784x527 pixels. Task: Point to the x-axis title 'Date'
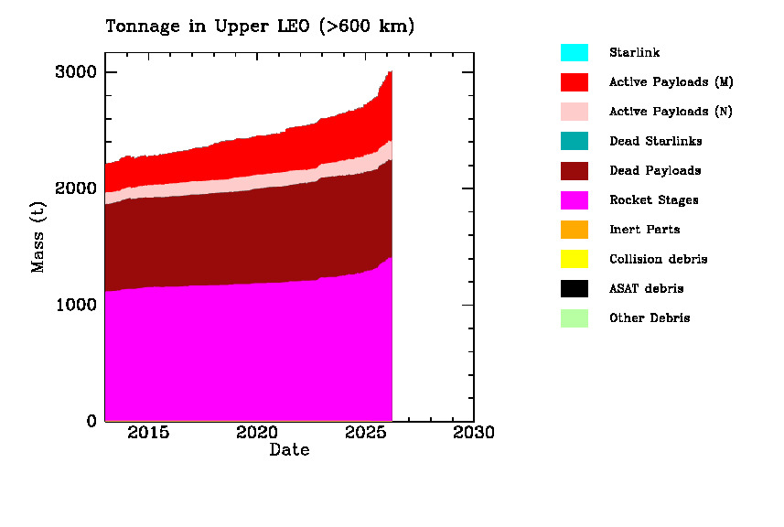pos(289,450)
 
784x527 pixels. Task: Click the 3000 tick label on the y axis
pos(79,72)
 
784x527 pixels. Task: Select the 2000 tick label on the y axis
pos(79,188)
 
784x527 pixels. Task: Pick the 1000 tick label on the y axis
pos(79,305)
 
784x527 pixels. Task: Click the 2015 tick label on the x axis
pos(148,432)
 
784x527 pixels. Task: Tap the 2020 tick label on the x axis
pos(257,432)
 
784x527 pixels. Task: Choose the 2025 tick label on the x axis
pos(366,432)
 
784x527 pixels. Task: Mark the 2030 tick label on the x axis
pos(474,432)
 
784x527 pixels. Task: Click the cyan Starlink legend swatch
pos(575,53)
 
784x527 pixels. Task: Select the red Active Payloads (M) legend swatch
pos(575,82)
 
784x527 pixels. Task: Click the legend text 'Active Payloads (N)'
pos(671,112)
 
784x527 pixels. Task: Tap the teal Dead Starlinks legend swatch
pos(575,141)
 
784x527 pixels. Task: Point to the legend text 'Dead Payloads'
pos(655,171)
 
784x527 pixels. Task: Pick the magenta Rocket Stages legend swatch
pos(575,200)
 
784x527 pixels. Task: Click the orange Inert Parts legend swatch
pos(575,230)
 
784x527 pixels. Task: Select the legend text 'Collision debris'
pos(658,259)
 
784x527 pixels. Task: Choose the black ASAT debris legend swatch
pos(575,288)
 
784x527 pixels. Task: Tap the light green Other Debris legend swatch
pos(575,318)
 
